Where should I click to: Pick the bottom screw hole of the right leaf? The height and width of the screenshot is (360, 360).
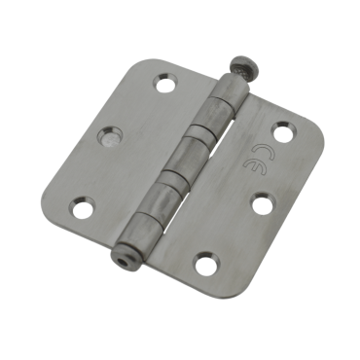tap(204, 264)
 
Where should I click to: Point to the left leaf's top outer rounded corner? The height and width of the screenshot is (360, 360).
tap(142, 64)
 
